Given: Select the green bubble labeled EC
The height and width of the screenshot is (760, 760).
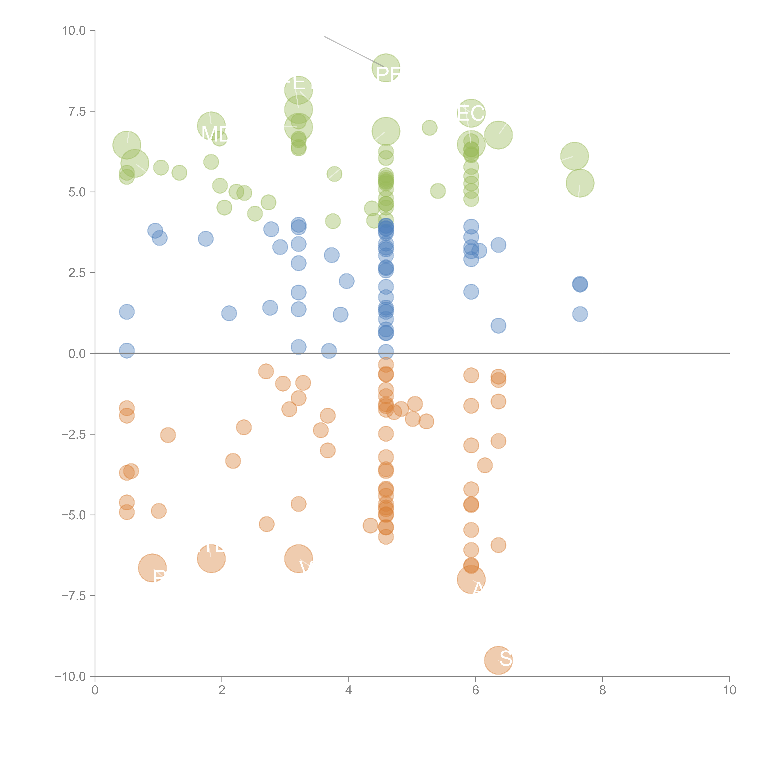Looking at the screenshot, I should click(471, 113).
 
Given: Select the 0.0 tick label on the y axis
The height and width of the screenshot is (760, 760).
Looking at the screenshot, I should click(77, 354).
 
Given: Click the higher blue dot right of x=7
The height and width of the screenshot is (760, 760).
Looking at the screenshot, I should click(580, 284).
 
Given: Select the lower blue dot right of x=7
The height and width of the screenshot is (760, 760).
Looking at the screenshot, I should click(580, 314).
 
